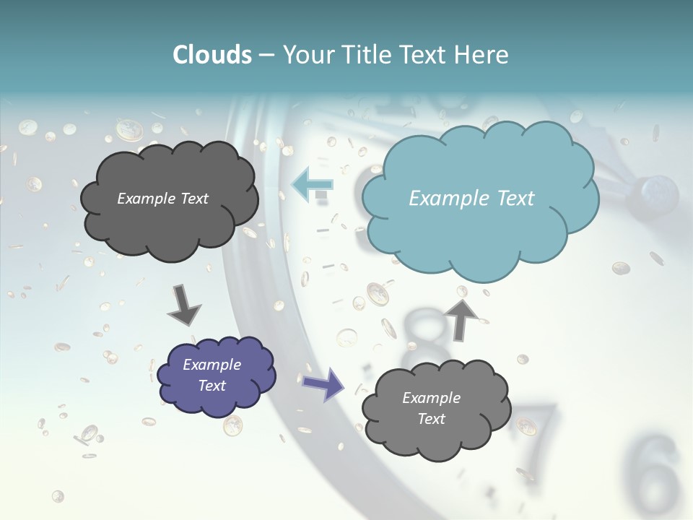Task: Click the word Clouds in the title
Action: [x=212, y=55]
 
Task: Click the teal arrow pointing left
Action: [x=312, y=184]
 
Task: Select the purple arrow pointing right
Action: [x=324, y=384]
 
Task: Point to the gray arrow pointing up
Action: [x=461, y=318]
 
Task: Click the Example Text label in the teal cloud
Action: [x=471, y=199]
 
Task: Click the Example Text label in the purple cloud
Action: [x=212, y=375]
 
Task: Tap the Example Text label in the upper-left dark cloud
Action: [x=162, y=199]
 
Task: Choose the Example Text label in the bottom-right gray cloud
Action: [x=431, y=408]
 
